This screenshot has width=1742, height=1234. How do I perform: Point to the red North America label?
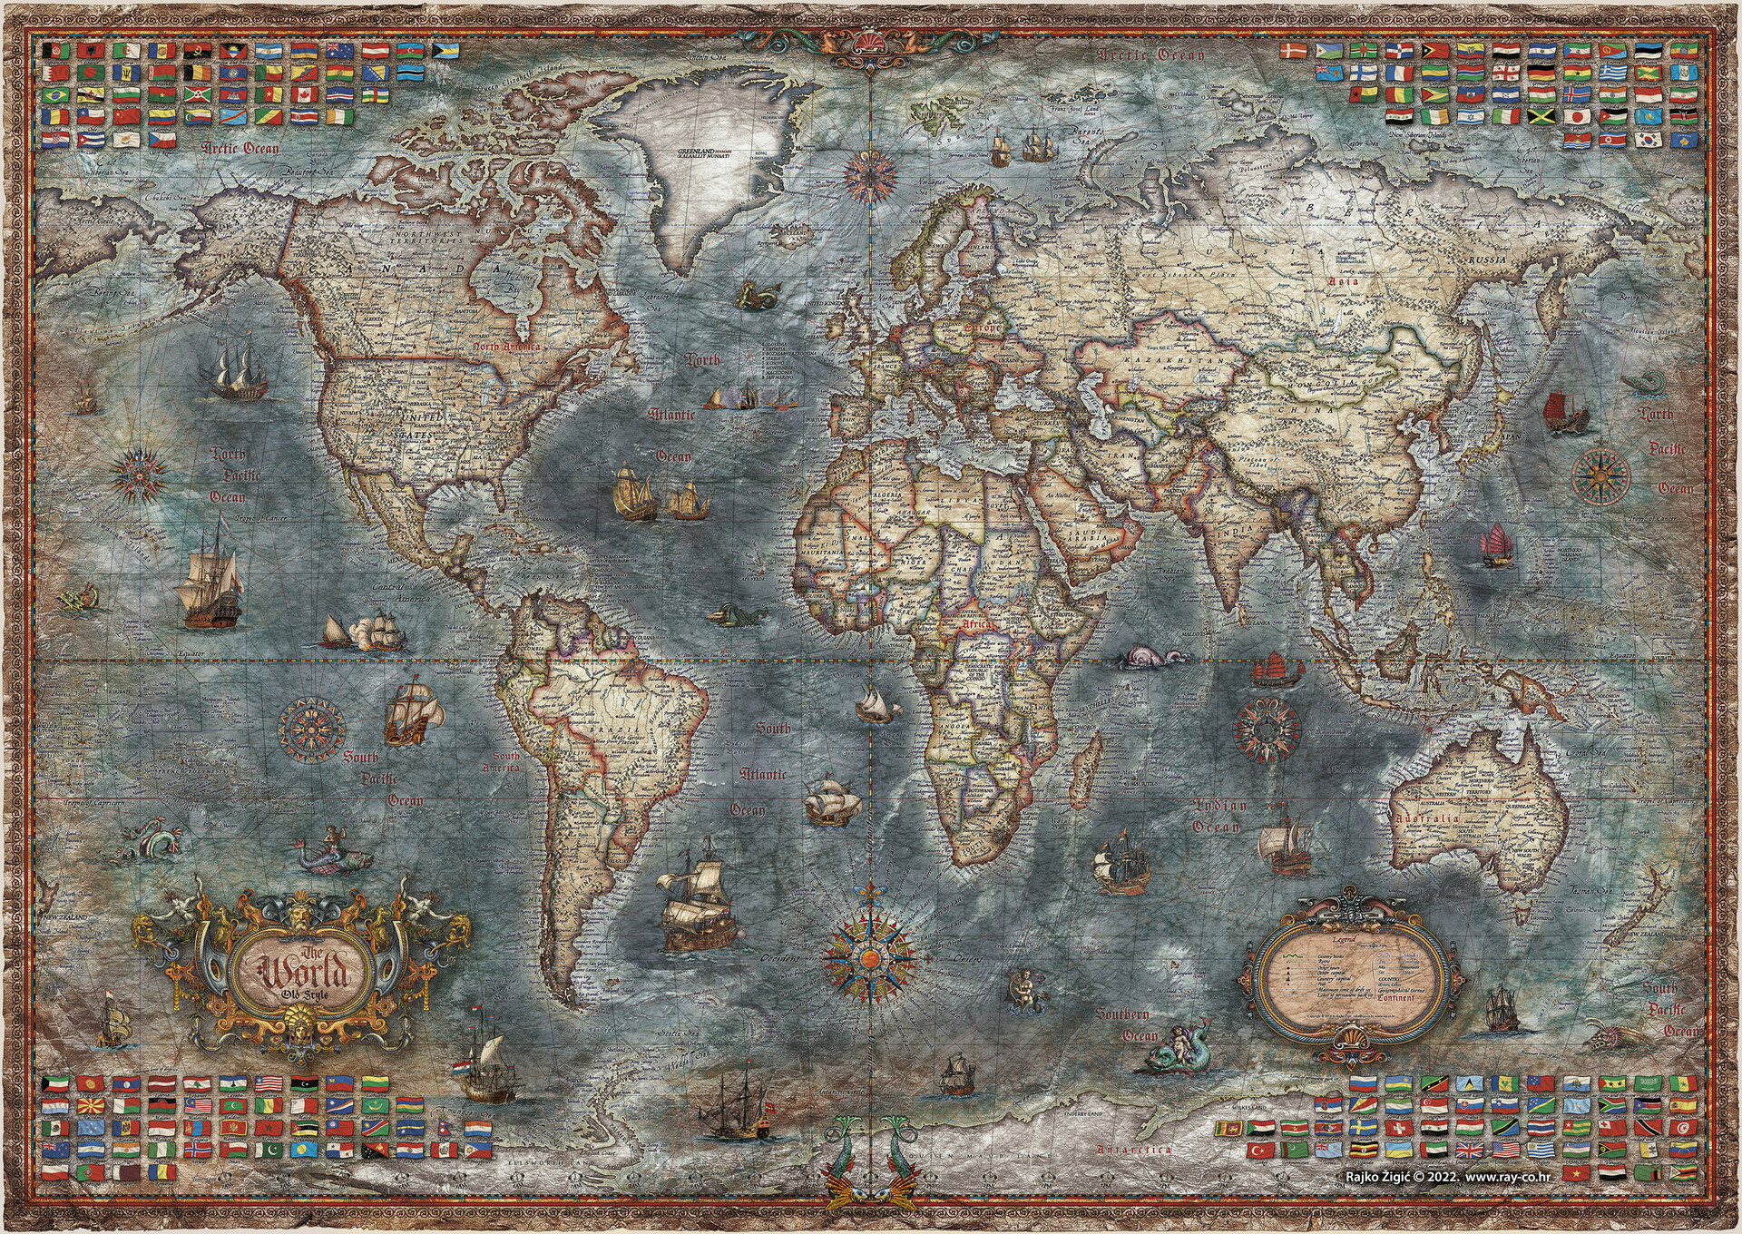506,347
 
